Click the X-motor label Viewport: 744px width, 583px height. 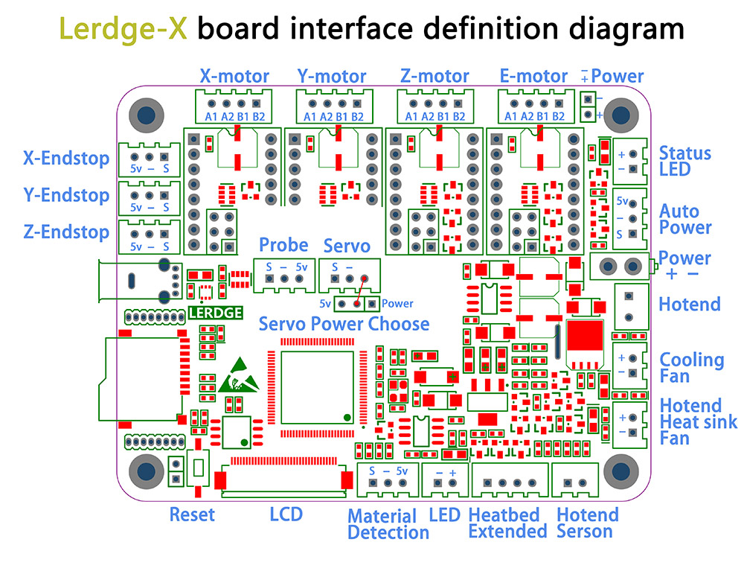coord(234,76)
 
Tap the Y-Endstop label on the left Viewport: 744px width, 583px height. coord(66,195)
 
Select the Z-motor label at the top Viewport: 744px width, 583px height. coord(434,76)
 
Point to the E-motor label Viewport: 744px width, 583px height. coord(534,76)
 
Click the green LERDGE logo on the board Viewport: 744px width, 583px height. coord(216,313)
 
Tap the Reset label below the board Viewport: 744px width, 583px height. coord(192,514)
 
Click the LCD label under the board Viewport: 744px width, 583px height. coord(286,514)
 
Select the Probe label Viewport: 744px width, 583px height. coord(283,245)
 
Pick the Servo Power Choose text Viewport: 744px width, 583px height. coord(344,324)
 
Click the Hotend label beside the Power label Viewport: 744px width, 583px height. coord(690,304)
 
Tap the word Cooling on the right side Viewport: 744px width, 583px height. coord(692,360)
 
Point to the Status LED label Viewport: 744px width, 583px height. coord(685,161)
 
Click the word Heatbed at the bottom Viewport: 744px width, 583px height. coord(504,514)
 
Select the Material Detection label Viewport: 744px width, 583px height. coord(388,524)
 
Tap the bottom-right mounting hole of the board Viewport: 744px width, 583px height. coord(620,471)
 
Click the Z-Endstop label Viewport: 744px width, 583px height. coord(66,232)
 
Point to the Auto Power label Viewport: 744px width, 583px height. coord(685,220)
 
